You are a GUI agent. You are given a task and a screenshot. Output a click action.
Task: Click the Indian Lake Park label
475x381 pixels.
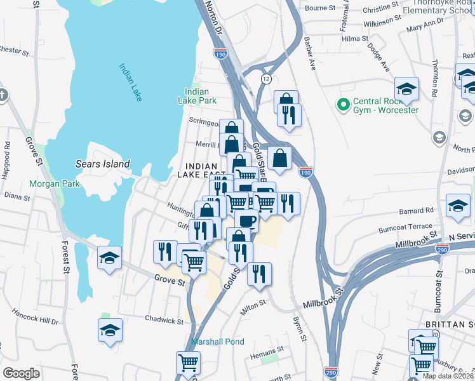[200, 96]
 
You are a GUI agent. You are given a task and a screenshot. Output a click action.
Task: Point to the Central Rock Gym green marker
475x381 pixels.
[344, 105]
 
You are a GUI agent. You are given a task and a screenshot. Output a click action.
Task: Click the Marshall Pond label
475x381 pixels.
[218, 342]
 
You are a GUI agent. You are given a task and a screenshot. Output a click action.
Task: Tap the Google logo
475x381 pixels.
[21, 373]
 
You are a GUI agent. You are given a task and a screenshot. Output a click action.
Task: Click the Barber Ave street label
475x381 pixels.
[310, 55]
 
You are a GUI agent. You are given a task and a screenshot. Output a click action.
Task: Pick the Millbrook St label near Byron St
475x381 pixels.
[323, 298]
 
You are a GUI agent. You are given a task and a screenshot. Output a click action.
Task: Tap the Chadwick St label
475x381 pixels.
[164, 319]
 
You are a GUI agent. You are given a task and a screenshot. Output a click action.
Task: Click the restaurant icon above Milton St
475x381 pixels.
[259, 273]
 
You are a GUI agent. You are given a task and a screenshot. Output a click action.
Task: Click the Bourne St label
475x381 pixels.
[320, 8]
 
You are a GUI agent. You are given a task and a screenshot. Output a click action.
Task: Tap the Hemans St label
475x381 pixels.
[266, 350]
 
